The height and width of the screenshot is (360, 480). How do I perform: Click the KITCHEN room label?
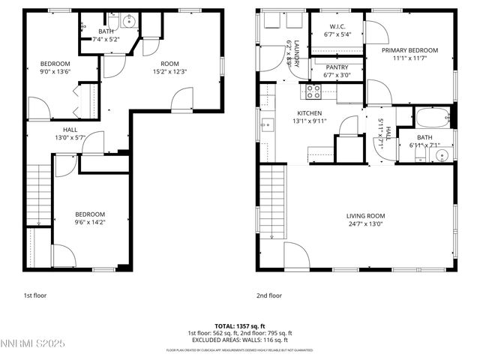point(309,112)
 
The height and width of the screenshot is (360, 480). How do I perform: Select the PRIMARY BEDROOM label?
point(409,50)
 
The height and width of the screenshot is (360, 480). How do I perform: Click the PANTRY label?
point(336,67)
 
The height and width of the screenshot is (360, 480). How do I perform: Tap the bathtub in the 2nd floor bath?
point(432,118)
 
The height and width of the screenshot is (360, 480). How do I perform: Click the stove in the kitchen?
point(312,91)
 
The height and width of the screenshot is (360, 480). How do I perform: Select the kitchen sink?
point(266,124)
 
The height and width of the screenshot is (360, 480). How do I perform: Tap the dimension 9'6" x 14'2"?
point(89,223)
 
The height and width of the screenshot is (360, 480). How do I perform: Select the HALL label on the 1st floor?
point(69,129)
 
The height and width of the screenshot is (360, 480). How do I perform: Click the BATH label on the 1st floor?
point(106,31)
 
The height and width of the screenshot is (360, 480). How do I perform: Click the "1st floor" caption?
point(34,295)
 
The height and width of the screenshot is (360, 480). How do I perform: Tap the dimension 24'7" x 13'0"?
point(366,223)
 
